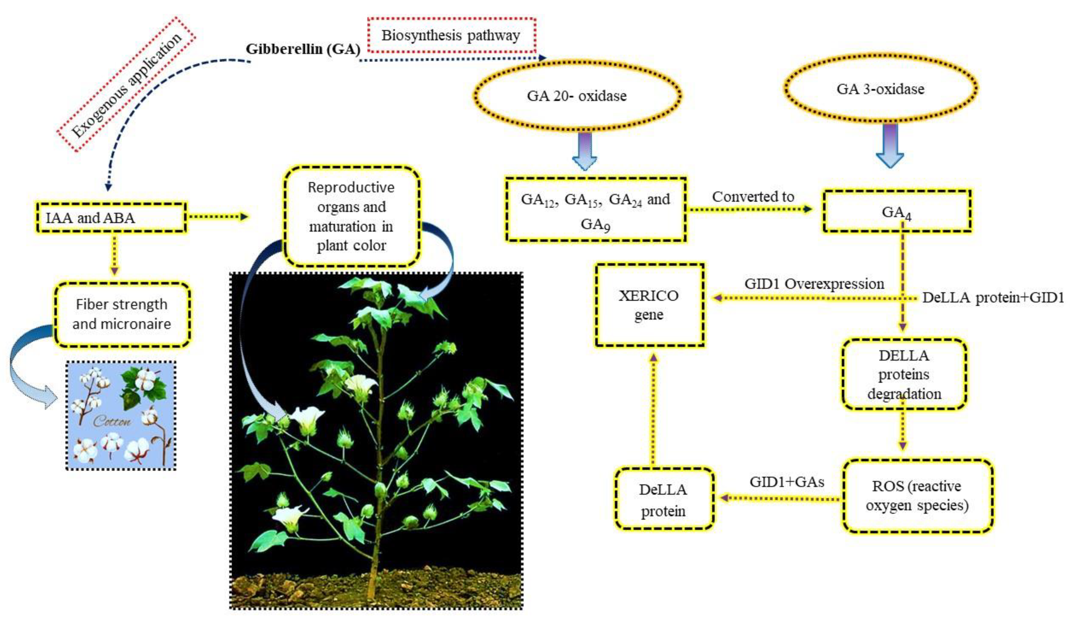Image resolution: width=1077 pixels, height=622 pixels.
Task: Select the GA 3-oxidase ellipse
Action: pos(880,88)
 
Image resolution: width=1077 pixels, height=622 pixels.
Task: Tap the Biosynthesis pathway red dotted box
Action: pos(451,35)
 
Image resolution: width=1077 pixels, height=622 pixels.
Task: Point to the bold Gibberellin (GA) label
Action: pos(303,49)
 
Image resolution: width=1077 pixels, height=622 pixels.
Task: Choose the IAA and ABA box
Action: pos(111,218)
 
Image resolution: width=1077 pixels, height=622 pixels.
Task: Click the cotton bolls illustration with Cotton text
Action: pos(121,415)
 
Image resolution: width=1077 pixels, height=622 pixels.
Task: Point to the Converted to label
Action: pos(753,197)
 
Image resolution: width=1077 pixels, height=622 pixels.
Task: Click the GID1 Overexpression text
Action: pos(814,284)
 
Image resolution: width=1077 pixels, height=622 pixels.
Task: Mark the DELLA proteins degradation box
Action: pos(904,374)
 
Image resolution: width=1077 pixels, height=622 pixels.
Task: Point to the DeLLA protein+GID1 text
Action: pos(993,298)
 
